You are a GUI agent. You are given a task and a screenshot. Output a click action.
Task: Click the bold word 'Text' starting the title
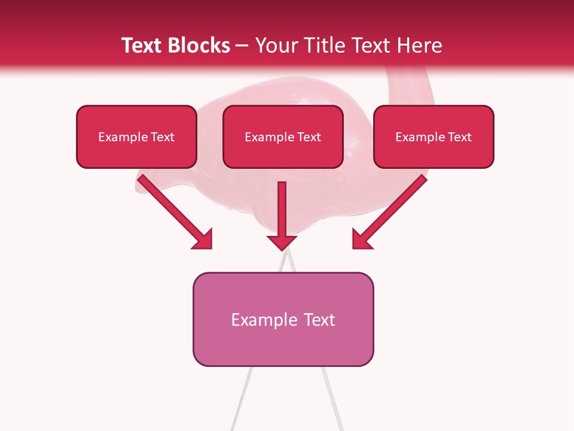tap(144, 45)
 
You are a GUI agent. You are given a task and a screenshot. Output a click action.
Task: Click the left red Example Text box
tap(136, 136)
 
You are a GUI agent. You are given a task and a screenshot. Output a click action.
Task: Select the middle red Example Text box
tap(283, 136)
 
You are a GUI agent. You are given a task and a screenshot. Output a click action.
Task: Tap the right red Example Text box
tap(433, 136)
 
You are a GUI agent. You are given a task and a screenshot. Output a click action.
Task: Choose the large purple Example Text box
tap(283, 319)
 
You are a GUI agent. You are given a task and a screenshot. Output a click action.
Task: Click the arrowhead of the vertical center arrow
tap(282, 242)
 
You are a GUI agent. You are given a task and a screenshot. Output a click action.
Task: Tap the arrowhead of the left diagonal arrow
tap(203, 239)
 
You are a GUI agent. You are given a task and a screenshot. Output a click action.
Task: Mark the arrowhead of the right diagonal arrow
tap(361, 239)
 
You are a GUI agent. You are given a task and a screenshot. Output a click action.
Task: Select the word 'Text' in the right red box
tap(459, 137)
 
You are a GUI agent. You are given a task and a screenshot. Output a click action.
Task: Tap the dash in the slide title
tap(242, 45)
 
